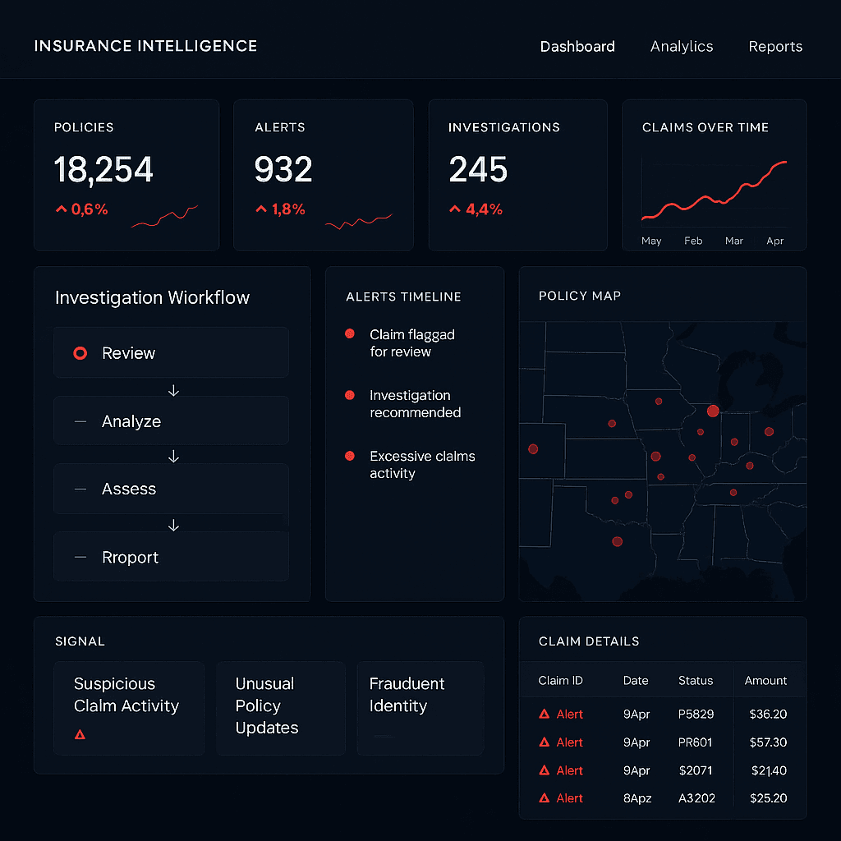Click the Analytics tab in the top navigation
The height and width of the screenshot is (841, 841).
[x=682, y=47]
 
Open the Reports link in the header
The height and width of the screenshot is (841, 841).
[x=775, y=47]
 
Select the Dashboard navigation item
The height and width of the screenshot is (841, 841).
[x=577, y=47]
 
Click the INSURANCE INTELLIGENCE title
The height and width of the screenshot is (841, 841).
[x=145, y=46]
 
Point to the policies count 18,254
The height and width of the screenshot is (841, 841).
[x=103, y=170]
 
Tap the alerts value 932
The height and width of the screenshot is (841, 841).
[x=283, y=170]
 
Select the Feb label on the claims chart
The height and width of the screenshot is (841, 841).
[x=693, y=241]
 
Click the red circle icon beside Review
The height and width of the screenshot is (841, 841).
[x=80, y=353]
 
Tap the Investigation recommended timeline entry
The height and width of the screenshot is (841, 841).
[x=415, y=404]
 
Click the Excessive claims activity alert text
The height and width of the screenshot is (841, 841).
[x=421, y=465]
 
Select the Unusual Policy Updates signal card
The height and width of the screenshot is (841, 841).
[x=280, y=707]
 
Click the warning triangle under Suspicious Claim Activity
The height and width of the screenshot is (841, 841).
[x=80, y=734]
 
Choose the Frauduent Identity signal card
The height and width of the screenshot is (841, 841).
[x=420, y=707]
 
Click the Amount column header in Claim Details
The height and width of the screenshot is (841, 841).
[x=765, y=681]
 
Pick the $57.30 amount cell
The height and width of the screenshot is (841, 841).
[x=768, y=742]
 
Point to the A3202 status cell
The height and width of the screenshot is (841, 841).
[x=696, y=798]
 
